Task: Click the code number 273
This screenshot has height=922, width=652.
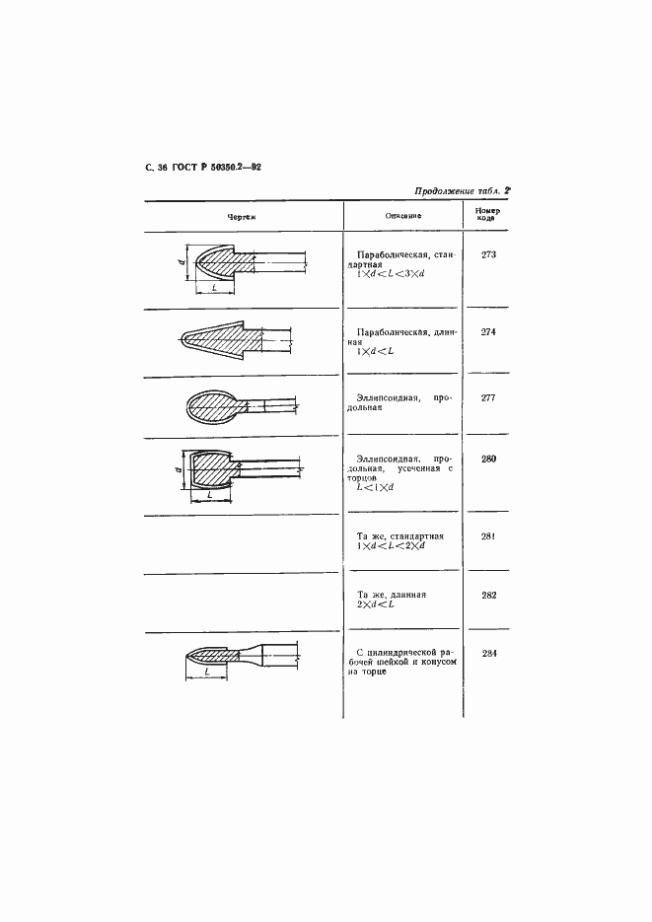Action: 487,255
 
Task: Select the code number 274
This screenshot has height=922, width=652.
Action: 487,331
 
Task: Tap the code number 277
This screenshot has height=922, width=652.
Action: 487,397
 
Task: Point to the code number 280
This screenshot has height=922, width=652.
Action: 487,459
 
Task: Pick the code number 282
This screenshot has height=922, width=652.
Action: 487,595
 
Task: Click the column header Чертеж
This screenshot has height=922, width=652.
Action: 241,215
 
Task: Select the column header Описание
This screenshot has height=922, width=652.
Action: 402,215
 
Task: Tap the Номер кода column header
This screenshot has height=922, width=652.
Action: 487,214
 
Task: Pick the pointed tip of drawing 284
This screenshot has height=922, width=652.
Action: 189,657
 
